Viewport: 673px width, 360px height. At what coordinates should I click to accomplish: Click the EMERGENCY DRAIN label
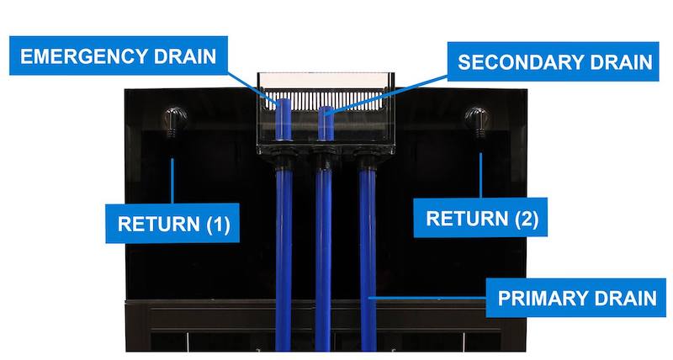(x=119, y=57)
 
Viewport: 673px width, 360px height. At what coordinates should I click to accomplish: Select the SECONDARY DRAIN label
(x=554, y=62)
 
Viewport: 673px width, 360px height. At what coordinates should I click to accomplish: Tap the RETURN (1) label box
(x=173, y=224)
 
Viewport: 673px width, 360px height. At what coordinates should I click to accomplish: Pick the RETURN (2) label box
(x=482, y=220)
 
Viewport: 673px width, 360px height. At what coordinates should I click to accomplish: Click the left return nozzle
(x=174, y=120)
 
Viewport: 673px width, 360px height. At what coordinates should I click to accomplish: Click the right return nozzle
(x=480, y=120)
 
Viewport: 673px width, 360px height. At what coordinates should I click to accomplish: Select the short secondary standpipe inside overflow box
(x=325, y=123)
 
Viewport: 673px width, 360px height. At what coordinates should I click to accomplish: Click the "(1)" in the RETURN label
(x=215, y=224)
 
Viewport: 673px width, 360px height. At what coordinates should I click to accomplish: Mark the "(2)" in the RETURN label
(x=522, y=220)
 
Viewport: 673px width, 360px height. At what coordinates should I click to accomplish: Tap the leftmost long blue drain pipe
(x=284, y=252)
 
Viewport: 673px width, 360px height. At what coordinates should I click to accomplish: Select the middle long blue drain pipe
(x=324, y=252)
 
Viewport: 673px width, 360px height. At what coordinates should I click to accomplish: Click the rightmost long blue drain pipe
(x=366, y=252)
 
